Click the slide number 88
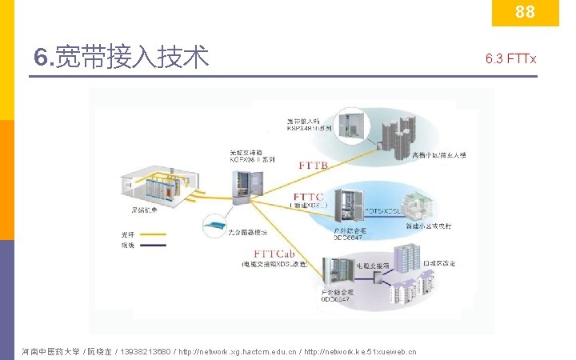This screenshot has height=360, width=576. (525, 13)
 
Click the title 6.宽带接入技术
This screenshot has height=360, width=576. (121, 58)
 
